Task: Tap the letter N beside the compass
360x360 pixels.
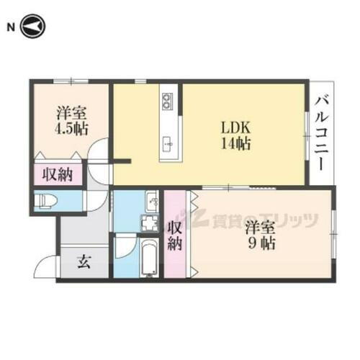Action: (x=10, y=27)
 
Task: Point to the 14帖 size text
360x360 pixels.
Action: (x=235, y=144)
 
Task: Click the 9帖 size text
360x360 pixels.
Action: (x=259, y=243)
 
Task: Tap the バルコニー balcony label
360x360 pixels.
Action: (x=322, y=135)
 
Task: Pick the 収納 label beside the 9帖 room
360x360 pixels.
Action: (x=174, y=235)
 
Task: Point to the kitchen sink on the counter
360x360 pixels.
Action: (x=168, y=143)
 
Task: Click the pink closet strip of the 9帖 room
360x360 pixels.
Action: (x=193, y=235)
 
